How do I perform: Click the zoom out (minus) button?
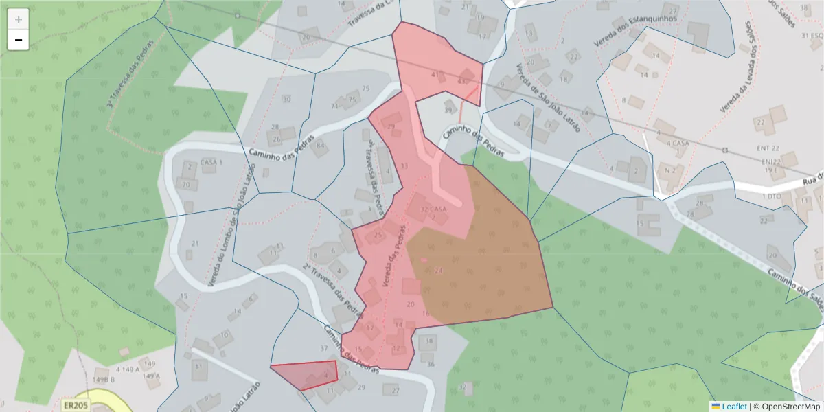(19, 40)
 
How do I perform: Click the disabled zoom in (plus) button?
(19, 19)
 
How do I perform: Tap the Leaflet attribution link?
(729, 407)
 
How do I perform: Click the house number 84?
(320, 145)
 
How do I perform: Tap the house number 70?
(185, 184)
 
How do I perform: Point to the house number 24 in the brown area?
(439, 271)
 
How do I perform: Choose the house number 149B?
(103, 378)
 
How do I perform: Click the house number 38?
(430, 341)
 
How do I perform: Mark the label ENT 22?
(769, 148)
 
